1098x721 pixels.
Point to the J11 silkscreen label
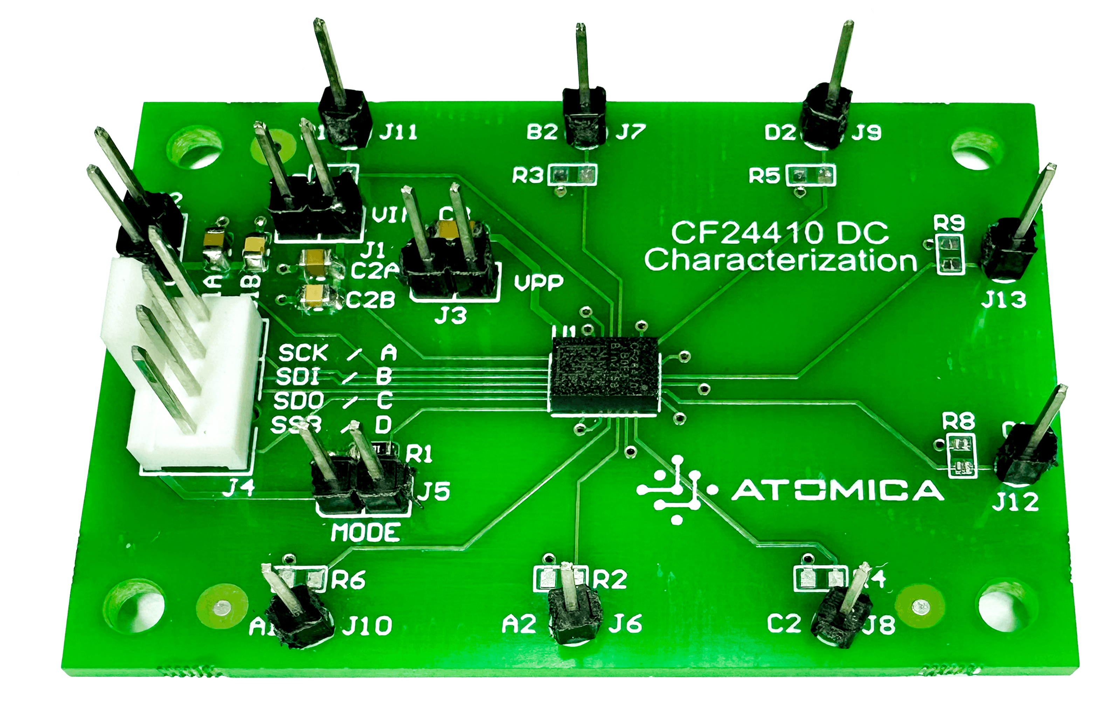(x=398, y=132)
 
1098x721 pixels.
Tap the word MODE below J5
(x=366, y=533)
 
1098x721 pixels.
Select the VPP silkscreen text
(x=538, y=282)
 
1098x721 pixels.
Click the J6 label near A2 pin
(x=625, y=624)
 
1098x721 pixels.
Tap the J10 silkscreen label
(x=367, y=626)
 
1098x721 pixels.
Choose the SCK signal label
(x=303, y=353)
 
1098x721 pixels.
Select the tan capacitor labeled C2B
(x=318, y=296)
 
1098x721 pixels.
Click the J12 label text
(x=1015, y=502)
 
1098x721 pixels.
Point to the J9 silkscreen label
(x=866, y=133)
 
